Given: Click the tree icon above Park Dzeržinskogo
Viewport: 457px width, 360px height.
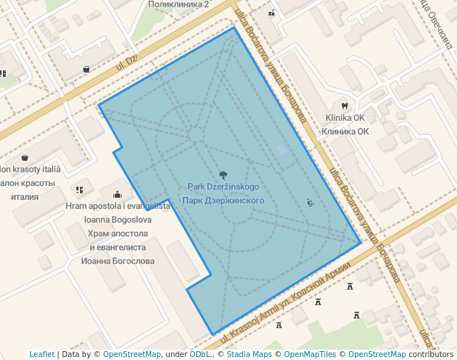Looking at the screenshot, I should coord(224,174).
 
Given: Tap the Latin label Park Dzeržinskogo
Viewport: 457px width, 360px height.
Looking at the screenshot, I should coord(223,187).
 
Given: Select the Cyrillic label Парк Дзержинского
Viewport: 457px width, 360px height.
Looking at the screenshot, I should coord(223,201).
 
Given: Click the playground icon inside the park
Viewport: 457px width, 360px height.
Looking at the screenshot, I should coord(310,202).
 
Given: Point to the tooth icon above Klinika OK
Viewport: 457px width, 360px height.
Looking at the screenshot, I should coord(344,105).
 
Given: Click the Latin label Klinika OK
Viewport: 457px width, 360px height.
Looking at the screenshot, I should coord(345,118).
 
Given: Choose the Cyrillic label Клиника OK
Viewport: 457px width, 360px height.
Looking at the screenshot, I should coord(345,132).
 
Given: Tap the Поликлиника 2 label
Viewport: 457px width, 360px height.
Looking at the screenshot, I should coord(179,4).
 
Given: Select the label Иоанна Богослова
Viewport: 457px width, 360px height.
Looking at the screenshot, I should coord(119,261).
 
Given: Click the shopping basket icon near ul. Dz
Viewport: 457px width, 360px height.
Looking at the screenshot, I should coord(87,70).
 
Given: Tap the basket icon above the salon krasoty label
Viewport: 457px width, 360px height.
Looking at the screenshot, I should coord(25,158).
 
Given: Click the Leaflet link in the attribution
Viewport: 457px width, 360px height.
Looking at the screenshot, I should coord(41,354).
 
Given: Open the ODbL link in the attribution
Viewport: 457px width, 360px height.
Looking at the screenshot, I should coord(200,354).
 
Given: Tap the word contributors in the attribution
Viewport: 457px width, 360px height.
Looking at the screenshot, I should coord(431,354).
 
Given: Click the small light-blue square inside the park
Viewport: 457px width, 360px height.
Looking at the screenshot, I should coord(281,150).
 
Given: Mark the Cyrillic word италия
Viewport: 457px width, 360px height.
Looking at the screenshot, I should coord(25,197).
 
